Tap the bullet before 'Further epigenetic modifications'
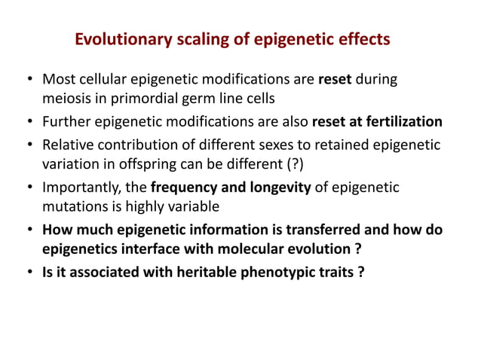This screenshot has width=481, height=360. point(29,122)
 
